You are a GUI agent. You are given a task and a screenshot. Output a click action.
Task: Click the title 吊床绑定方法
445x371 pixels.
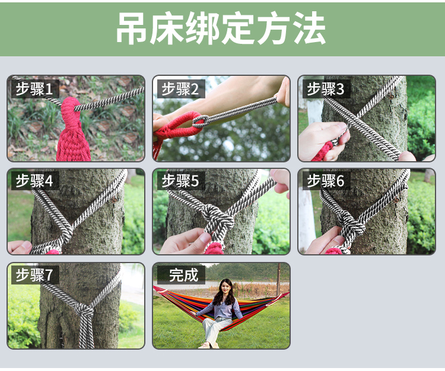(221, 28)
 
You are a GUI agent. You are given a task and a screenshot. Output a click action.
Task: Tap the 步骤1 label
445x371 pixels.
(34, 89)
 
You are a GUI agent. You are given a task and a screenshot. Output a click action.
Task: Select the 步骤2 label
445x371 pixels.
(180, 89)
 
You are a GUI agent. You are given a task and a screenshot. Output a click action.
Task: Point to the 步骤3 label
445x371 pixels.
(326, 89)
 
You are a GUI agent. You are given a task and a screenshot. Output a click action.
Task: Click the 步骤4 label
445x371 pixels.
(34, 181)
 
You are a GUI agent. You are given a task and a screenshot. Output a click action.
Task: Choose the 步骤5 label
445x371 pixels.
(180, 181)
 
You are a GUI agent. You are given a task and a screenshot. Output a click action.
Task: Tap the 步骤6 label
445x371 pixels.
(326, 181)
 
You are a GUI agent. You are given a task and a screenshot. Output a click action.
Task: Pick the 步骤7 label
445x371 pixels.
(34, 274)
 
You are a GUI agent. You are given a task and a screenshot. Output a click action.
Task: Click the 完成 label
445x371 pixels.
(183, 274)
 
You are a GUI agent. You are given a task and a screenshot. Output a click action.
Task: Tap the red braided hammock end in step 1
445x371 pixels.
(72, 130)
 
